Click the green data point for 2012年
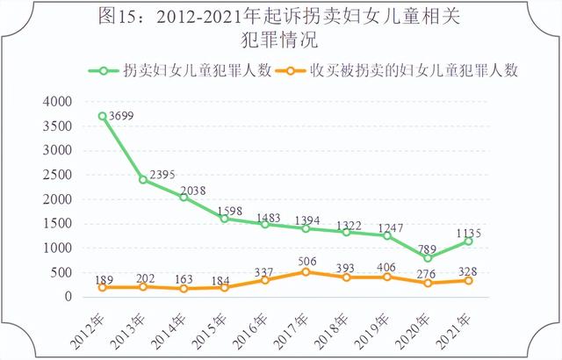[103, 116]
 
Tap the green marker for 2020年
[429, 258]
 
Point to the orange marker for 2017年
[306, 272]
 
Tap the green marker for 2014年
[184, 197]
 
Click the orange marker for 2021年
[469, 281]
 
